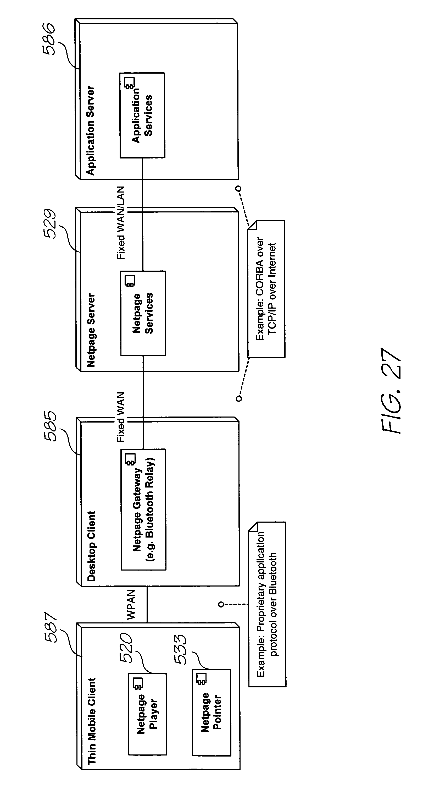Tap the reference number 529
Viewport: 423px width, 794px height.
[49, 224]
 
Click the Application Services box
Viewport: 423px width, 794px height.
[142, 115]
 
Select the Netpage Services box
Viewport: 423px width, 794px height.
[143, 313]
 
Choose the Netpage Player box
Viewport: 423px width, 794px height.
[147, 714]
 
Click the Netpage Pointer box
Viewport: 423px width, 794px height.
[211, 713]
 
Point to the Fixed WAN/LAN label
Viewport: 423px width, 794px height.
[120, 223]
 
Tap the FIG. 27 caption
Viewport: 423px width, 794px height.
[391, 391]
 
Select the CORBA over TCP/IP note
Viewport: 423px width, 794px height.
[266, 289]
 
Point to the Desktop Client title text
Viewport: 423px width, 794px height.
[91, 546]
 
